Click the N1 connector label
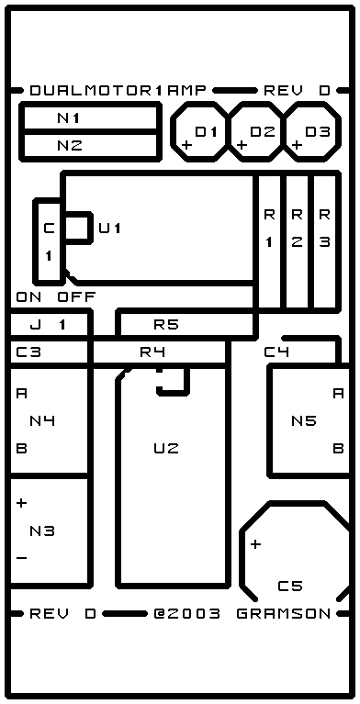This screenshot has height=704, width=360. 69,118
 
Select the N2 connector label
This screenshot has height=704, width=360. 70,145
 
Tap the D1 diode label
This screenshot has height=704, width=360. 207,132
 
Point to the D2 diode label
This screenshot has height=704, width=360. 263,132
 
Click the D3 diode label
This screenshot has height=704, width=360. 318,132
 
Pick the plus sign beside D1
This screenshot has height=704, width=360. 187,145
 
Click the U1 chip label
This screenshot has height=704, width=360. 110,229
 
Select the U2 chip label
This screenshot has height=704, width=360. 166,448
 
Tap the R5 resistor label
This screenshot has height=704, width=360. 166,324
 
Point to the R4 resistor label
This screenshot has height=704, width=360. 152,352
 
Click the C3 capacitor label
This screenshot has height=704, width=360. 28,352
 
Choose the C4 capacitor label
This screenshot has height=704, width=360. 276,352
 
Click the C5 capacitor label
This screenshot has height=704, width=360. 290,586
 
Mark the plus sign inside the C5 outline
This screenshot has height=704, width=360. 255,544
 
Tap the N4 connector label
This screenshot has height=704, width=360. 42,420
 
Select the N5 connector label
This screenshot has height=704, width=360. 304,420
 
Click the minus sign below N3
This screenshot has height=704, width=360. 21,559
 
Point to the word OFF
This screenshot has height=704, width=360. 76,296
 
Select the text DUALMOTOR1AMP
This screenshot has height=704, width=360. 118,91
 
